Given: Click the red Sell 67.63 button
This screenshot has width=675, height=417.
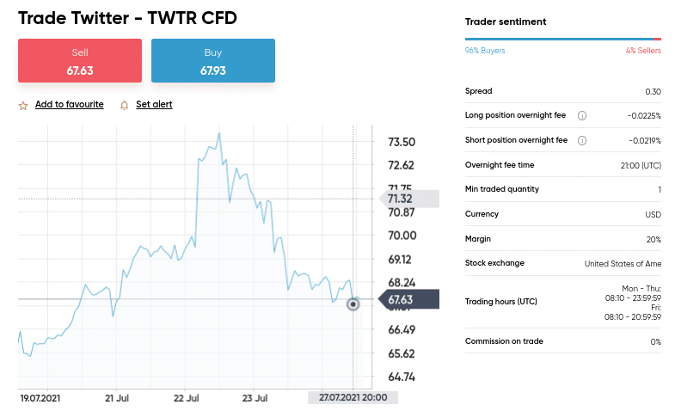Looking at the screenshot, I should [x=80, y=61].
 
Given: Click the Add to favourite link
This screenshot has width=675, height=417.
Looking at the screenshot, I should [x=70, y=105].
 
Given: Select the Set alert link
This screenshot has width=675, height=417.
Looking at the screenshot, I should [x=154, y=105].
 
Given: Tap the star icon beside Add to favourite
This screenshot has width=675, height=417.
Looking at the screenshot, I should [x=23, y=105].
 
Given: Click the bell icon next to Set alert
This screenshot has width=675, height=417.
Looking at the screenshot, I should [x=125, y=105].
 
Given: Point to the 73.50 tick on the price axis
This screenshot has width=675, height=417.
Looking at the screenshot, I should [x=402, y=142].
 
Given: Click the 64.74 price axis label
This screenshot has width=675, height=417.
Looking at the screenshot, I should [x=402, y=377].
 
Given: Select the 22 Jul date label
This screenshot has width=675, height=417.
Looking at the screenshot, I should [x=187, y=398].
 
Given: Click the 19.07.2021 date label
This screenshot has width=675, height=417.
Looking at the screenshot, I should [x=40, y=398].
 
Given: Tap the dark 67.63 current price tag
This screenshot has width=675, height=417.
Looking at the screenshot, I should [x=405, y=300].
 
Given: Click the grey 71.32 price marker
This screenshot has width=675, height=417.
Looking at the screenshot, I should [x=405, y=199].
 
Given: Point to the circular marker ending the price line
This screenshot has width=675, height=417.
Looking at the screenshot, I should [x=353, y=304].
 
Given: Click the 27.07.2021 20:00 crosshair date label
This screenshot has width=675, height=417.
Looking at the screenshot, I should [x=353, y=398].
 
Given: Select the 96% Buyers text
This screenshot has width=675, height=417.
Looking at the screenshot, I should [x=485, y=51].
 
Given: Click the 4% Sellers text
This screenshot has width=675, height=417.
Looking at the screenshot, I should [x=643, y=51].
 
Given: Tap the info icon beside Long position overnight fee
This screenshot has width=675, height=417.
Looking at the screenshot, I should [x=582, y=116].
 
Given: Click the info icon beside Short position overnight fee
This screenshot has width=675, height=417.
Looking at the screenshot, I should [x=582, y=140].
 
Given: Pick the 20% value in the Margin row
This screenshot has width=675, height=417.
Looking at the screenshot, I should [x=654, y=239].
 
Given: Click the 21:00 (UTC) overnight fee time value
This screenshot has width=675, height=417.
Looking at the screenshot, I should [x=641, y=165].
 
